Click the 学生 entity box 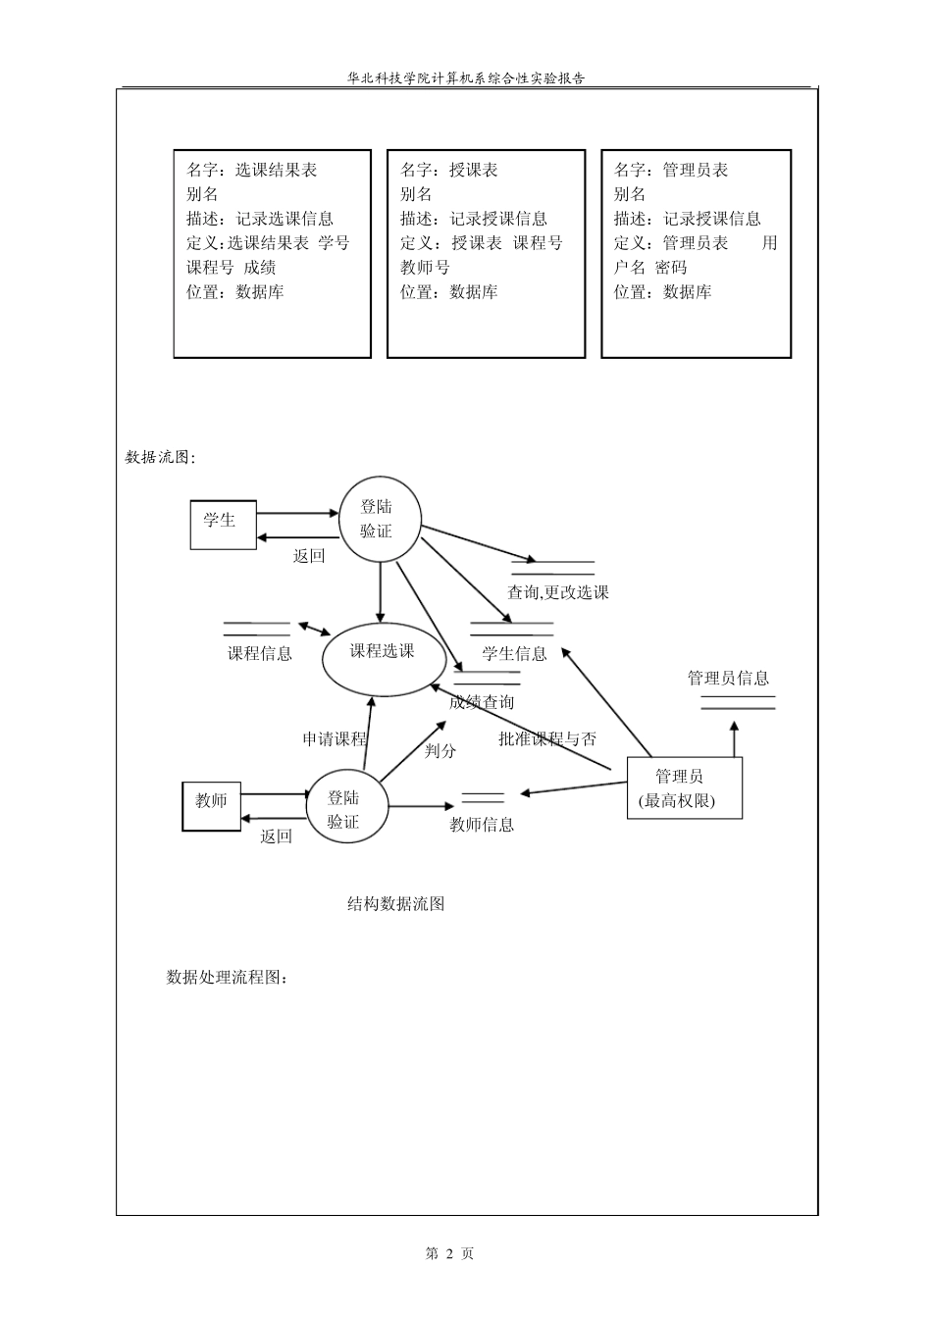point(222,524)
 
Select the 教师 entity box point(211,805)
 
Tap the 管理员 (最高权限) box point(684,787)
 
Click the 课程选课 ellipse point(382,654)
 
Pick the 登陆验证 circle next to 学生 point(380,520)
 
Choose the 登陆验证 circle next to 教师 point(344,810)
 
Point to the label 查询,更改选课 point(557,592)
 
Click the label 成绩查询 point(481,702)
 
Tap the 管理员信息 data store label point(728,678)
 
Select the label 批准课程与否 point(546,738)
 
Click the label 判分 point(440,750)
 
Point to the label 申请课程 point(334,738)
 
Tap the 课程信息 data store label point(260,653)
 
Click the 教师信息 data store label point(481,825)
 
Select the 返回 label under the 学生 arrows point(308,556)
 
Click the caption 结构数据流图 point(395,904)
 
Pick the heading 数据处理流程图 point(228,977)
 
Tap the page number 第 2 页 point(449,1253)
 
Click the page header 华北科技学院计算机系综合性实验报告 point(466,78)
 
